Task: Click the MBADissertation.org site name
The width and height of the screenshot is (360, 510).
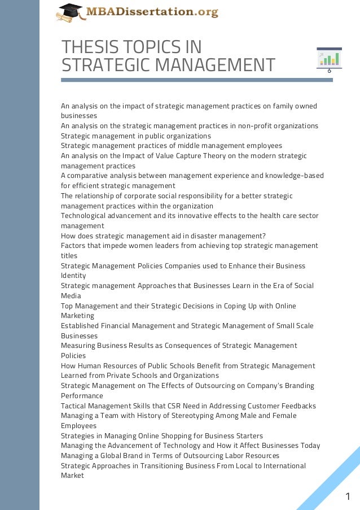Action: pos(151,11)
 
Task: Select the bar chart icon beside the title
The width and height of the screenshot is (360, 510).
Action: pos(329,60)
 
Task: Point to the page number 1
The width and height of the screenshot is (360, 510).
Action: pos(348,496)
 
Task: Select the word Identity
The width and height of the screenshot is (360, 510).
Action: pos(73,276)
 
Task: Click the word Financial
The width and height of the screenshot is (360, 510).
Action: pos(115,326)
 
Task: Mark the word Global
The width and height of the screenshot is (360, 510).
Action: pos(115,456)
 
